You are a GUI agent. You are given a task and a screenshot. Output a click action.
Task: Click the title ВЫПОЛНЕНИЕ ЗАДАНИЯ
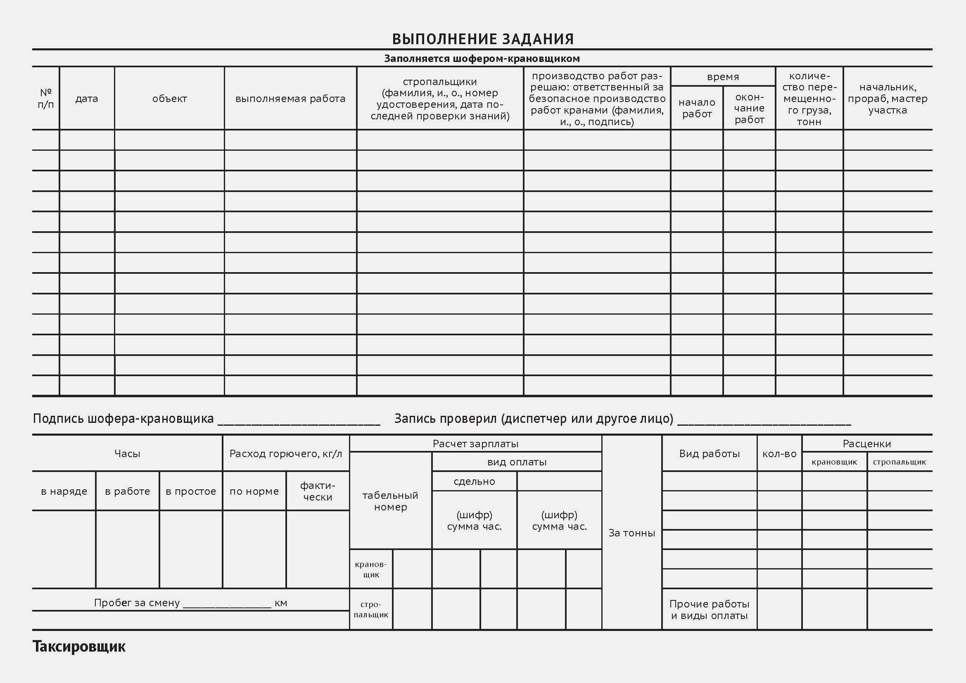482,39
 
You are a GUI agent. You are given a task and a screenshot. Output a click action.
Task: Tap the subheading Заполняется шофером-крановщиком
482,59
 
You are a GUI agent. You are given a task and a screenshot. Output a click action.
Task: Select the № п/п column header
46,98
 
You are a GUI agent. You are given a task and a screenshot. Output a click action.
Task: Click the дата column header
87,99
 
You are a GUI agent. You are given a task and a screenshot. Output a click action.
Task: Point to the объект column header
169,99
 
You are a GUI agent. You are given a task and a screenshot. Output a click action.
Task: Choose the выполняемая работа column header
290,99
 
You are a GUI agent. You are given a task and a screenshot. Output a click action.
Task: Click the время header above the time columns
723,77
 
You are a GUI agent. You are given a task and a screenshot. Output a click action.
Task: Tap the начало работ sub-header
697,108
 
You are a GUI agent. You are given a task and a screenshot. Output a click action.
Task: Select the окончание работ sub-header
749,108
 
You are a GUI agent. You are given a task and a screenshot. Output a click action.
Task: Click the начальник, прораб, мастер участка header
888,99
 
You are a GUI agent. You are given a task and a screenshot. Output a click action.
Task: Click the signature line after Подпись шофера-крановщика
299,423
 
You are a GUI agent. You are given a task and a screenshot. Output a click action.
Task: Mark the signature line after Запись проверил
764,423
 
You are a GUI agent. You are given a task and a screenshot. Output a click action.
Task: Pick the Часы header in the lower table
127,453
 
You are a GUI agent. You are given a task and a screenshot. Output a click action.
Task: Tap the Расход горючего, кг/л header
286,453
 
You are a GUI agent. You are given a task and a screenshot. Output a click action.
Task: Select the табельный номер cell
390,501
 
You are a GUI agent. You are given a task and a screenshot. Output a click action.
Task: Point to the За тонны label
631,533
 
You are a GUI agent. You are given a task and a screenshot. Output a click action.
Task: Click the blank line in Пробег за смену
227,606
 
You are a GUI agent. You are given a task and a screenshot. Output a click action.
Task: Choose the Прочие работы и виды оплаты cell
710,609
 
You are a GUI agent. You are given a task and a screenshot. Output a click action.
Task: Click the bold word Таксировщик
79,646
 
